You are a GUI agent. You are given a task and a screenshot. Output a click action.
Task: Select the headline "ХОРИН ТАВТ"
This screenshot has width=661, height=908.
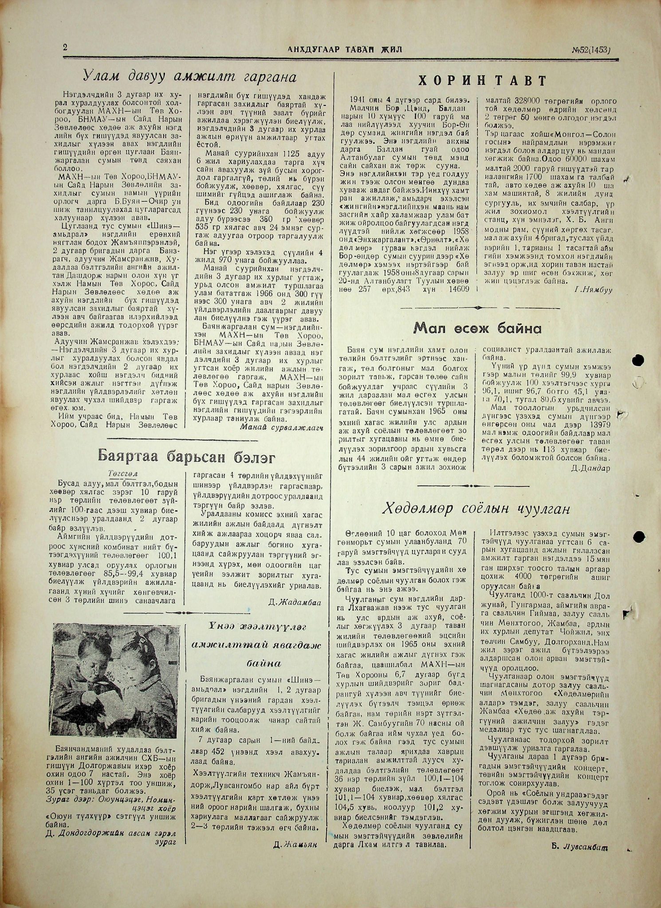(x=483, y=81)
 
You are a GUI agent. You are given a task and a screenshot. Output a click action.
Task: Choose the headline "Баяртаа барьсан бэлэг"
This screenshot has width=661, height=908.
(x=186, y=456)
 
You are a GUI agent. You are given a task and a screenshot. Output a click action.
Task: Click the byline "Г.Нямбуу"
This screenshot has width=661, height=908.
(x=593, y=290)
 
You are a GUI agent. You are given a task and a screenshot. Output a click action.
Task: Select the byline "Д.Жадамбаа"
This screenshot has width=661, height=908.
(x=295, y=602)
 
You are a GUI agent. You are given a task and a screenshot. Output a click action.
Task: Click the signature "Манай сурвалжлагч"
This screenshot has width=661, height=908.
(x=281, y=427)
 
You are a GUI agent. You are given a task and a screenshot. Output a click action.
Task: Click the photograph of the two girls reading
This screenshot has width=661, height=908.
(x=117, y=681)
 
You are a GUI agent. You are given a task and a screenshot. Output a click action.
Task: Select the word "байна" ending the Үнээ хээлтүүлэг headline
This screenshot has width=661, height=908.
(x=264, y=663)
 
